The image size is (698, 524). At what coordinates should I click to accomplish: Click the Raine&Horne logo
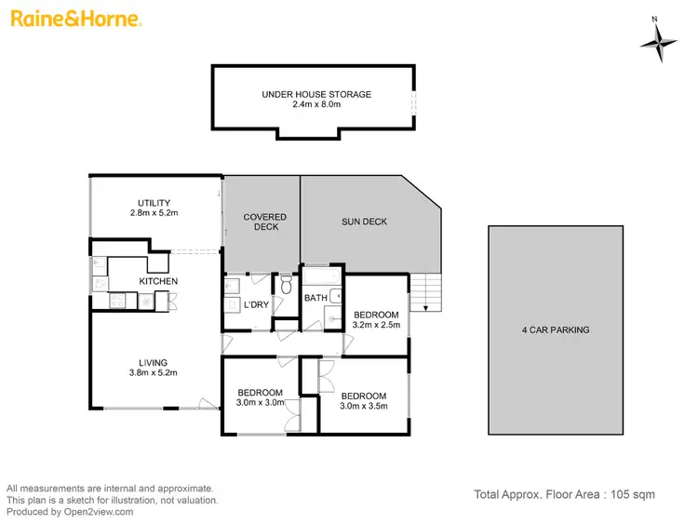click(76, 19)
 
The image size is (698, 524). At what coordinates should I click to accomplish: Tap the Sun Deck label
click(364, 222)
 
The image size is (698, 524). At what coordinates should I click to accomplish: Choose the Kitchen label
click(158, 281)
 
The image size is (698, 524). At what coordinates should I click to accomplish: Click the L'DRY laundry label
click(255, 305)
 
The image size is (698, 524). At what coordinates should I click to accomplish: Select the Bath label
click(315, 298)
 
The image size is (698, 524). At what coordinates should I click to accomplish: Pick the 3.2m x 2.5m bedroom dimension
click(376, 326)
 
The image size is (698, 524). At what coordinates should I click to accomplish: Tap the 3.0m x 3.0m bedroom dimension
click(260, 404)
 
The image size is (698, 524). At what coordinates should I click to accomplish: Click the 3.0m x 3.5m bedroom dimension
click(363, 407)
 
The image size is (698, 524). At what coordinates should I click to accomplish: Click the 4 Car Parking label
click(556, 329)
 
